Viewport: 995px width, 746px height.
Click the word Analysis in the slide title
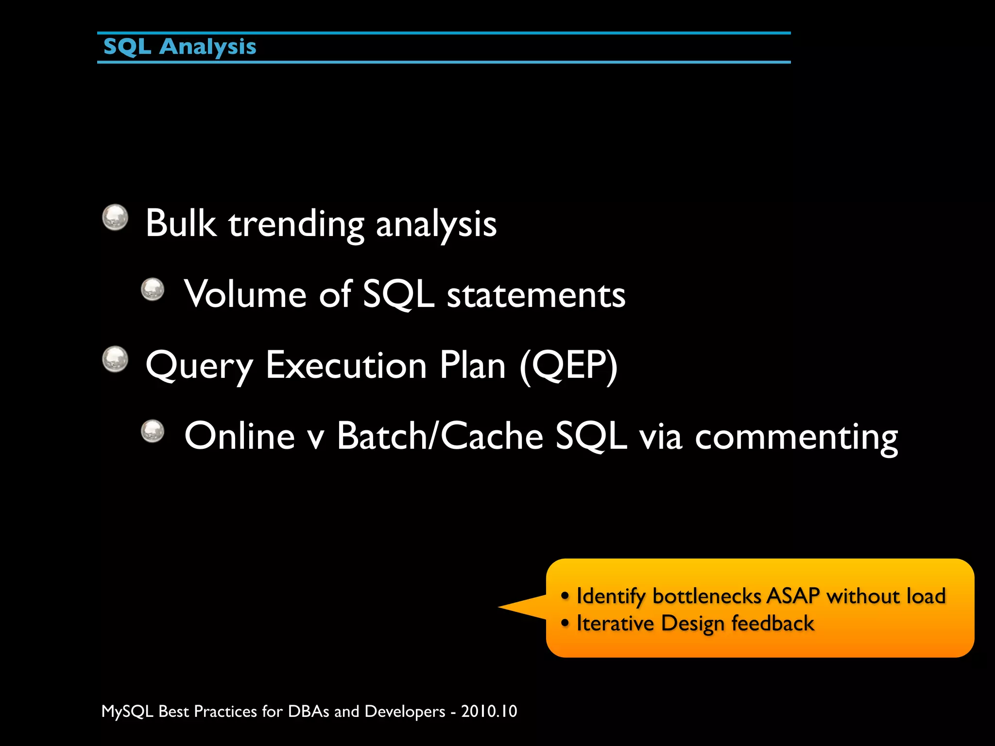tap(207, 47)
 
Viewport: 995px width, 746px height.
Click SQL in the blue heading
tap(127, 47)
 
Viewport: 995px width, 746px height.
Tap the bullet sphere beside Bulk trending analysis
tap(115, 217)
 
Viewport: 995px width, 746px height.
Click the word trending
tap(296, 224)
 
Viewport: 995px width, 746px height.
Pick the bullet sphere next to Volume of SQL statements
tap(153, 289)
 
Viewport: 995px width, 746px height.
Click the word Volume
tap(245, 294)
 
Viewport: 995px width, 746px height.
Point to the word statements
tap(536, 295)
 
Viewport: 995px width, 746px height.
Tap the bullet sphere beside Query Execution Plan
tap(115, 359)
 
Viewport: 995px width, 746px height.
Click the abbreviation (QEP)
tap(568, 365)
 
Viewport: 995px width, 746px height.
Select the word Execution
tap(346, 365)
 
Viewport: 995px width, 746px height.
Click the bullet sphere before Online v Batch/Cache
tap(153, 431)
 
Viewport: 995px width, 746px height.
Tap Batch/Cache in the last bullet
tap(440, 436)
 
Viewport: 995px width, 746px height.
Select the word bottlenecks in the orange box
tap(706, 596)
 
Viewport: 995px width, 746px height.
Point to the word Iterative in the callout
tap(615, 624)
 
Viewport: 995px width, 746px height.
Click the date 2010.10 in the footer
tap(489, 712)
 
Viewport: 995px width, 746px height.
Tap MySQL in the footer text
tap(127, 712)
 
